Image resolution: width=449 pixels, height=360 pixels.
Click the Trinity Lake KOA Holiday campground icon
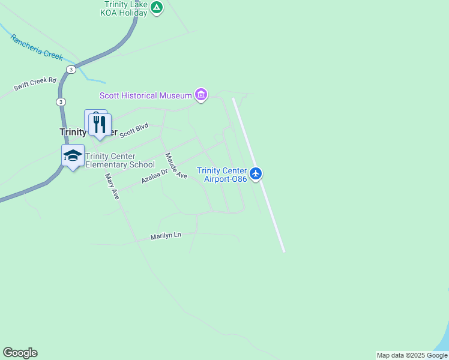157,8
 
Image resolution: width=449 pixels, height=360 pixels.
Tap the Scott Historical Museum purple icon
201,95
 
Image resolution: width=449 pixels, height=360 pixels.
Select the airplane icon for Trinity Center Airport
256,173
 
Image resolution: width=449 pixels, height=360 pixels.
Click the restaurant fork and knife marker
99,124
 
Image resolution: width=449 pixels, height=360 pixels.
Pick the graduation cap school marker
73,155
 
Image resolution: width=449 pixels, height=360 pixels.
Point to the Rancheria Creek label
36,46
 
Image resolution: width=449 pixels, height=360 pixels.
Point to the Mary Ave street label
112,187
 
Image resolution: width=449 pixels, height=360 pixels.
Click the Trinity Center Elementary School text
120,160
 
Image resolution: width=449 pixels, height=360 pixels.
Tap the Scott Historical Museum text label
145,95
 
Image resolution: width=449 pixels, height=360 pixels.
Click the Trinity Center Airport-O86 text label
222,175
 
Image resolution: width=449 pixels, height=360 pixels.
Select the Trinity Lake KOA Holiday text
125,8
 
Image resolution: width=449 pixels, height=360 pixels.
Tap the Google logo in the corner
20,353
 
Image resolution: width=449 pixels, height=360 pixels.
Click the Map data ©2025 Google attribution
412,355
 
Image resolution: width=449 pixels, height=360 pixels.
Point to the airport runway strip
258,174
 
